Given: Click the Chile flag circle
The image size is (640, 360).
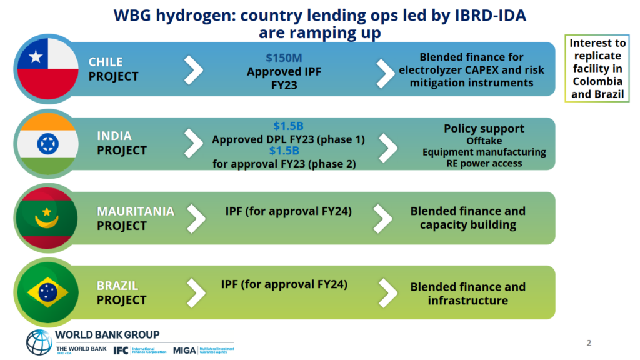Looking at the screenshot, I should point(47,69).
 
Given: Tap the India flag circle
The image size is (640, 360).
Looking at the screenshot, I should point(47,144).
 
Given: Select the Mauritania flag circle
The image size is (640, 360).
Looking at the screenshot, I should point(47,219).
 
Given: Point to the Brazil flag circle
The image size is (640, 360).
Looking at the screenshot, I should point(47,293).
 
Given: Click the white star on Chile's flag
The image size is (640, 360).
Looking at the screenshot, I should point(36,58).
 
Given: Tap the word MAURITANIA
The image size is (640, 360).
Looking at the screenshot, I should point(136,212).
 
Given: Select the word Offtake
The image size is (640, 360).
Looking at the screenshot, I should point(484,141).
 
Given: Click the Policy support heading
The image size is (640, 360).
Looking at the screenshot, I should point(484,128).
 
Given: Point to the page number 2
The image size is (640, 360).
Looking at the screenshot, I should point(589,342).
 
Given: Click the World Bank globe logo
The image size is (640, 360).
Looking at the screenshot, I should point(39,342).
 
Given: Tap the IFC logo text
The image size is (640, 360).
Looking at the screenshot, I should point(121,350).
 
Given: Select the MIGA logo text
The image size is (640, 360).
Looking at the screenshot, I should point(184,350).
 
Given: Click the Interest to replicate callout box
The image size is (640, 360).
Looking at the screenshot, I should point(596,69).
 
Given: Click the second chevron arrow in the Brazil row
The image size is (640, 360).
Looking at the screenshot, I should point(387,293).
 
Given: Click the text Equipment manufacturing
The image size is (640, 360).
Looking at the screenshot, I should point(484,152).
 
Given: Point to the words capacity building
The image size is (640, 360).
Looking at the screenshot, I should point(467,224).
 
